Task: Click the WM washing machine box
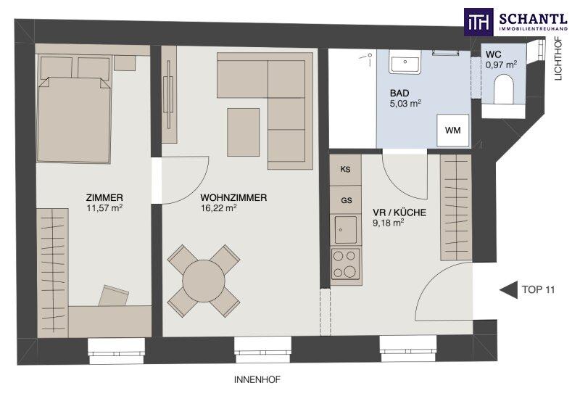click(x=452, y=130)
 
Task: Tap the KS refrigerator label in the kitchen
click(x=346, y=170)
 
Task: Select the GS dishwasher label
click(x=347, y=201)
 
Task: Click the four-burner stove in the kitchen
click(x=346, y=265)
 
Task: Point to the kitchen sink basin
click(x=346, y=229)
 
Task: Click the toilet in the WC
click(x=504, y=89)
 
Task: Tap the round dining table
click(x=204, y=280)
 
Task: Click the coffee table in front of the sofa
click(x=244, y=132)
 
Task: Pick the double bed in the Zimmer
click(x=74, y=110)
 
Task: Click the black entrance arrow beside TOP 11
click(x=509, y=289)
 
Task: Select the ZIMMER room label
click(x=104, y=198)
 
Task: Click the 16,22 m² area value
click(x=219, y=208)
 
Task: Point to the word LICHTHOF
click(x=558, y=58)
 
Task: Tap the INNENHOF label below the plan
click(x=257, y=380)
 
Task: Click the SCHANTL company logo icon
click(x=478, y=22)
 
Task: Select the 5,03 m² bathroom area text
click(x=406, y=104)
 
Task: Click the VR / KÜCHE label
click(x=399, y=213)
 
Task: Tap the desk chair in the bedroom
click(x=114, y=295)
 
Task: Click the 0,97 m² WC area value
click(x=501, y=65)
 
